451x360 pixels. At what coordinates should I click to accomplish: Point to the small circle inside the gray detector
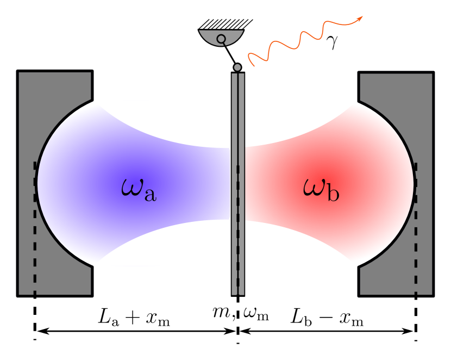(221, 39)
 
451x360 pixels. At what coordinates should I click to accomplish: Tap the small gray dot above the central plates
(237, 67)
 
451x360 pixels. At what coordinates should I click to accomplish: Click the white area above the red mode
(293, 117)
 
